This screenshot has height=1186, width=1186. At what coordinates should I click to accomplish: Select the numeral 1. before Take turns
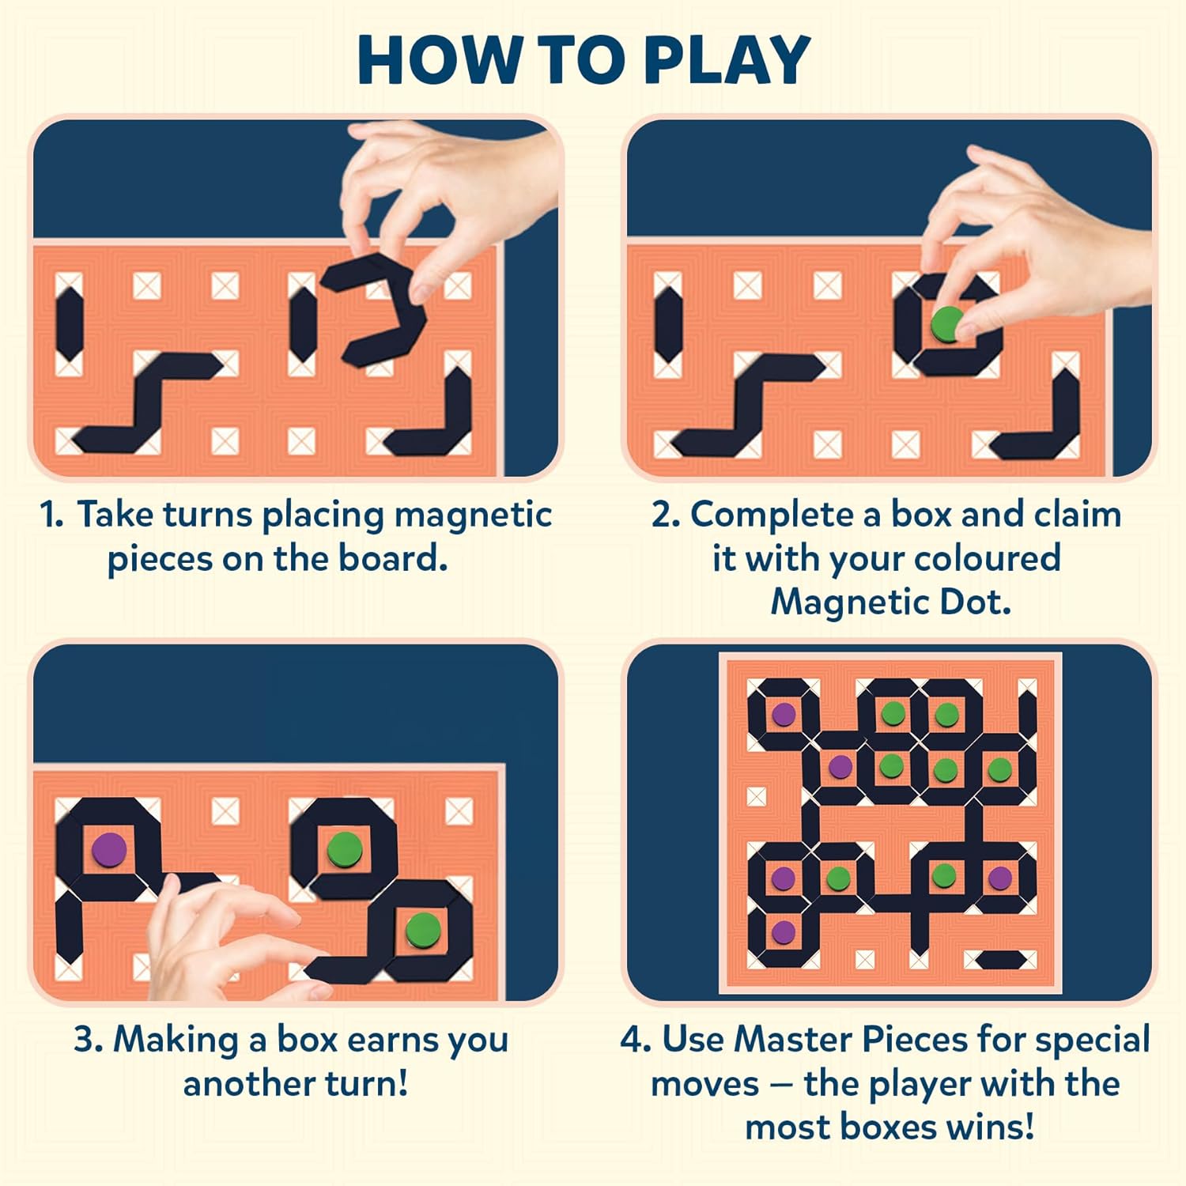pyautogui.click(x=52, y=515)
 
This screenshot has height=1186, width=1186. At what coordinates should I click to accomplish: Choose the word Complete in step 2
pyautogui.click(x=785, y=515)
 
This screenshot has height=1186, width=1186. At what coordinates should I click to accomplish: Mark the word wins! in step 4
pyautogui.click(x=995, y=1127)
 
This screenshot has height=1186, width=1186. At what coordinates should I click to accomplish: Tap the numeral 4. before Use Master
pyautogui.click(x=635, y=1040)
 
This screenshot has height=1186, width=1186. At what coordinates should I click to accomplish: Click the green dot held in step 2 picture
pyautogui.click(x=946, y=323)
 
